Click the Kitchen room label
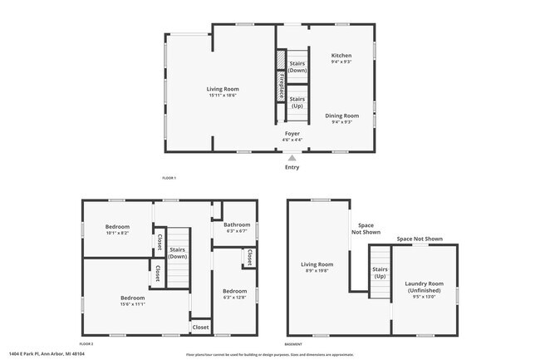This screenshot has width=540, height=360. pyautogui.click(x=341, y=55)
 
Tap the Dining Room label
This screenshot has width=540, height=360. pyautogui.click(x=341, y=116)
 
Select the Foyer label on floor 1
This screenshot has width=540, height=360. pyautogui.click(x=292, y=133)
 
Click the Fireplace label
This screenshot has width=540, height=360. pyautogui.click(x=281, y=86)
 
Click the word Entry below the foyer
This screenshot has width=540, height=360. pyautogui.click(x=292, y=167)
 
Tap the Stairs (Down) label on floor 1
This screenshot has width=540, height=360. pyautogui.click(x=297, y=67)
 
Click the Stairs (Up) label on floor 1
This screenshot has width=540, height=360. pyautogui.click(x=297, y=102)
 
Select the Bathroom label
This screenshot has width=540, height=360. pyautogui.click(x=237, y=224)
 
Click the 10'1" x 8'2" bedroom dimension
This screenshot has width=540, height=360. pyautogui.click(x=116, y=233)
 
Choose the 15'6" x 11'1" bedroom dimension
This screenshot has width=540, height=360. pyautogui.click(x=132, y=303)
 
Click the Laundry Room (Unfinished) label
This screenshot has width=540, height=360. pyautogui.click(x=424, y=287)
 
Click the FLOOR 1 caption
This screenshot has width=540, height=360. pyautogui.click(x=169, y=178)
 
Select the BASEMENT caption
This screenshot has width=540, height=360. pyautogui.click(x=293, y=343)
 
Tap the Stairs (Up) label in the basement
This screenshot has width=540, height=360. pyautogui.click(x=380, y=273)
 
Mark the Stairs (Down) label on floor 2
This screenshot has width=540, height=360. pyautogui.click(x=177, y=253)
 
